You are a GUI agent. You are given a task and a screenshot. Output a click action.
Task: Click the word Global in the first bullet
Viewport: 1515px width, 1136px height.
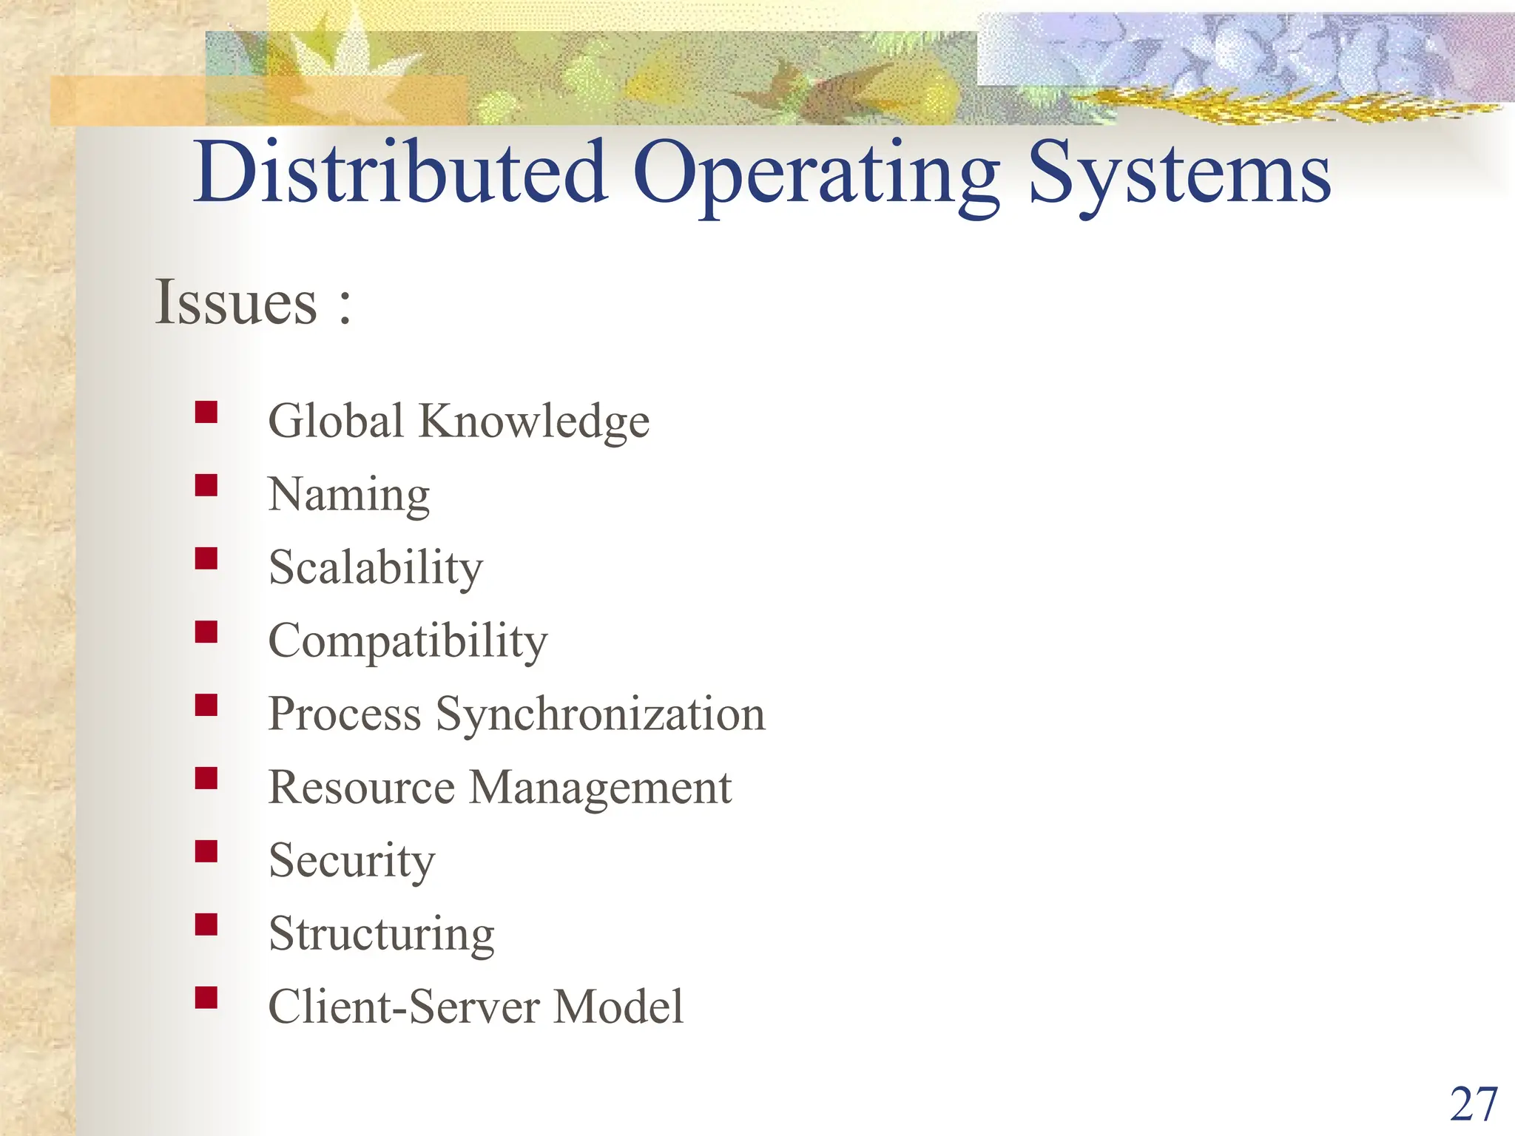[336, 421]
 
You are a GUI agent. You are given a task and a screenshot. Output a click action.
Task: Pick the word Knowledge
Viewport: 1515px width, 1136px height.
[534, 422]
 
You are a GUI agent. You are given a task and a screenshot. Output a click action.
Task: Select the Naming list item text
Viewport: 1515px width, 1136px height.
[348, 495]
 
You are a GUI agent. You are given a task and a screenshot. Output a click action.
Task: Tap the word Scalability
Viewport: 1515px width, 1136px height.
[376, 568]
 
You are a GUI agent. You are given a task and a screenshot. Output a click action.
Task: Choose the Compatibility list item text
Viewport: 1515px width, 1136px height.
[408, 641]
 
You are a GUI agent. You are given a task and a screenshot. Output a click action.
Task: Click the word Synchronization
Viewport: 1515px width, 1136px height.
[600, 715]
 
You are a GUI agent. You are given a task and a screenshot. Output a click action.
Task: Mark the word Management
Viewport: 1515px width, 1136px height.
[600, 788]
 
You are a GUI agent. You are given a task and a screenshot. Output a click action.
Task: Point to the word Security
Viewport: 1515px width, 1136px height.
[351, 861]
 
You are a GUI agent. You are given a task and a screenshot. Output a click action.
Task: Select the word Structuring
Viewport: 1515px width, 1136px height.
[381, 934]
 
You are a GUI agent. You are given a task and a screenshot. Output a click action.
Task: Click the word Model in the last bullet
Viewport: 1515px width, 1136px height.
[618, 1007]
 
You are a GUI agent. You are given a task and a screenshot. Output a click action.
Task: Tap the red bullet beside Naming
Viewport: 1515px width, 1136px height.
[206, 485]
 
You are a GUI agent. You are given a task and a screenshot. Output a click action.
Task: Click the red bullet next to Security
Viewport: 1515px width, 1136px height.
[206, 851]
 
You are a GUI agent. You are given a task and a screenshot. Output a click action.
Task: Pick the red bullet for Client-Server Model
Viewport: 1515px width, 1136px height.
[206, 998]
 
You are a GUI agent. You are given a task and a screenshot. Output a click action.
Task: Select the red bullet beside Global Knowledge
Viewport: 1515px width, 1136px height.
[206, 412]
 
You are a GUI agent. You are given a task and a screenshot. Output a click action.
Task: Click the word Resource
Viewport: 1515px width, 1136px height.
[361, 787]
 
